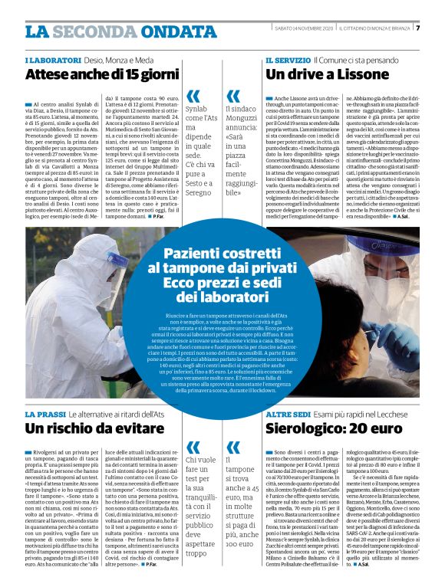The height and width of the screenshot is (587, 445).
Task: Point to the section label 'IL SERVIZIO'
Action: [x=288, y=60]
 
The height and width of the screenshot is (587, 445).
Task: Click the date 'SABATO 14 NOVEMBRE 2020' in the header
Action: [x=303, y=28]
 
